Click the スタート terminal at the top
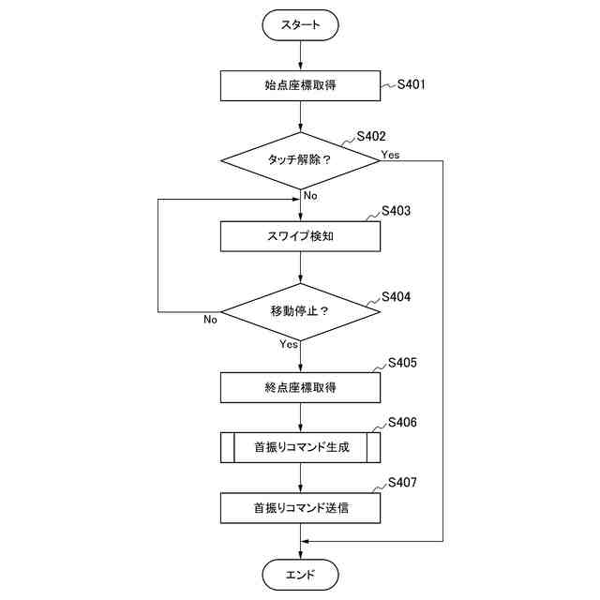tap(300, 25)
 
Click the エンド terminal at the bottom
tap(300, 575)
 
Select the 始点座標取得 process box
tap(300, 85)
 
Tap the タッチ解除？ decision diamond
tap(300, 160)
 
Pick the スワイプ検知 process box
tap(300, 236)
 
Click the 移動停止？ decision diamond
tap(300, 312)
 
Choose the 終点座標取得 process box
tap(300, 387)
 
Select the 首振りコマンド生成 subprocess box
tap(300, 447)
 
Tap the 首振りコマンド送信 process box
tap(300, 508)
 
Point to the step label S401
tap(411, 84)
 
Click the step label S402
tap(371, 136)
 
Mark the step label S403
tap(396, 211)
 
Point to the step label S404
tap(396, 297)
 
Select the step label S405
tap(402, 363)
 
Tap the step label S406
tap(402, 423)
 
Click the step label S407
tap(402, 483)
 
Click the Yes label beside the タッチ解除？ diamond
tap(390, 155)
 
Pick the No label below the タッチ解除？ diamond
tap(310, 196)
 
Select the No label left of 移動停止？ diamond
tap(210, 319)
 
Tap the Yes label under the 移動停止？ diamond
tap(289, 344)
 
